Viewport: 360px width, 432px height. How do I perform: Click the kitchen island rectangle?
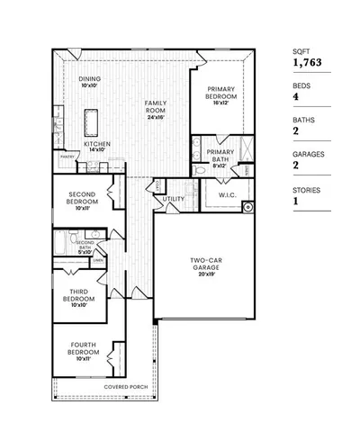[91, 120]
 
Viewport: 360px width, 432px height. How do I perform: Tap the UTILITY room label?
[174, 199]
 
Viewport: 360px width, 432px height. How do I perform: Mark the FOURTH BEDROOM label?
[83, 355]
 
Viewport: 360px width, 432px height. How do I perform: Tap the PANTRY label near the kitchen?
[66, 156]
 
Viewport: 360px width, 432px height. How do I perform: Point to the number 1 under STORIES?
[294, 202]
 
